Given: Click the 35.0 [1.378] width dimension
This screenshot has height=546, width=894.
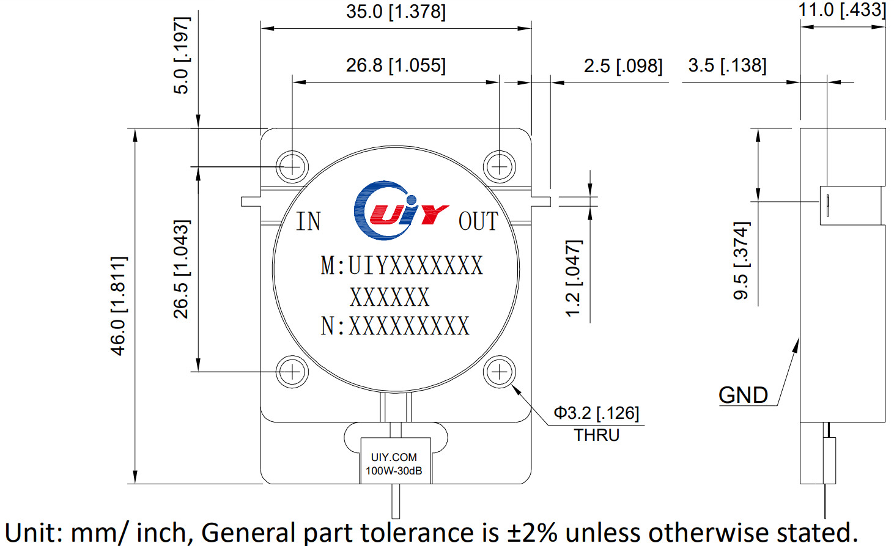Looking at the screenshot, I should [x=396, y=12].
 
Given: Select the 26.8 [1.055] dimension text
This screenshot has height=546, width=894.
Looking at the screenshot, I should [x=396, y=65].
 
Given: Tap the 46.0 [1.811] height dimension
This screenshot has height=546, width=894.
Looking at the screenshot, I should [x=118, y=306].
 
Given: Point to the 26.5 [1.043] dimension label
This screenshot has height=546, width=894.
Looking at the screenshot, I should [x=182, y=269].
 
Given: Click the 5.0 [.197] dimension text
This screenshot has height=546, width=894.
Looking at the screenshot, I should [x=182, y=55].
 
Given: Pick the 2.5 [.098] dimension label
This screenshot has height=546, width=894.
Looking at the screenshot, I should [x=622, y=66].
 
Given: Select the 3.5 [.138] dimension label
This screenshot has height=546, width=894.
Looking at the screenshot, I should [x=726, y=65].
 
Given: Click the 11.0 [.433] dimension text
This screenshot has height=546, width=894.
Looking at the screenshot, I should [x=841, y=10].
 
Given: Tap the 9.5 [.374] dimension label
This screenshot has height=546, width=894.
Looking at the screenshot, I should [x=741, y=260].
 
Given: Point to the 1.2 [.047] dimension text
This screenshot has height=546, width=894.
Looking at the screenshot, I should [x=573, y=278].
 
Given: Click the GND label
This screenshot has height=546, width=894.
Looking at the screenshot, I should [x=743, y=395].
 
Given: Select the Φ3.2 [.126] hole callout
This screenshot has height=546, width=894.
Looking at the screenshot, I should [x=596, y=413].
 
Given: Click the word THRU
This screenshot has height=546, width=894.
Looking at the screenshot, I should [x=596, y=435].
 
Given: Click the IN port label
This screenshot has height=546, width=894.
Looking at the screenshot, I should [x=308, y=221].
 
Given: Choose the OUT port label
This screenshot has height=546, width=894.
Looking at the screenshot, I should [x=478, y=221].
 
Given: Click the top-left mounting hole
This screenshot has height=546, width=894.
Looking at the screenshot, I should [x=292, y=166].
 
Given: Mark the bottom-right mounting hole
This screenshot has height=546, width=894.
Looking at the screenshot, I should [x=500, y=372].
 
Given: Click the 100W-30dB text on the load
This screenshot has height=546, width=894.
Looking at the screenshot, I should [x=394, y=471].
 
